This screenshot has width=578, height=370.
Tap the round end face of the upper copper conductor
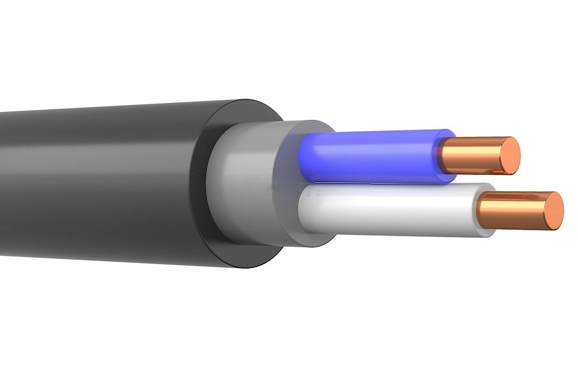click(x=509, y=155)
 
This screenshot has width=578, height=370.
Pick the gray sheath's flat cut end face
click(x=286, y=187)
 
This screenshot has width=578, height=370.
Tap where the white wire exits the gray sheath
click(x=304, y=213)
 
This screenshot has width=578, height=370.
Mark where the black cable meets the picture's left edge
click(x=2, y=181)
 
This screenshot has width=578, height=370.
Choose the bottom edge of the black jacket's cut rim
click(x=245, y=267)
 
